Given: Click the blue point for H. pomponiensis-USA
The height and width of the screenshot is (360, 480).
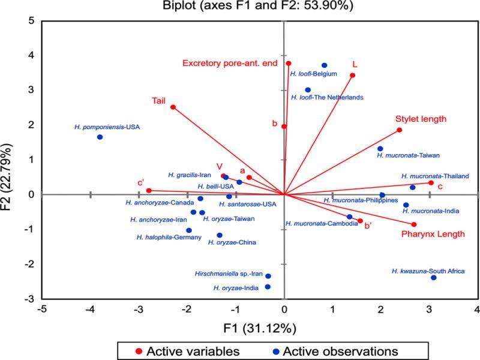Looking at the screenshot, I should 100,137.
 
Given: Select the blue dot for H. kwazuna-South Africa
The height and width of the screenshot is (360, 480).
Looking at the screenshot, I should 434,277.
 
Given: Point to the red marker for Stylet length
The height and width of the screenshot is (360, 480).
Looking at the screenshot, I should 399,130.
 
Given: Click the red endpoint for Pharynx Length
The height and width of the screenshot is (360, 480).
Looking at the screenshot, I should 414,224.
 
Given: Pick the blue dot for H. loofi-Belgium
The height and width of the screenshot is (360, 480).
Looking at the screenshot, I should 324,65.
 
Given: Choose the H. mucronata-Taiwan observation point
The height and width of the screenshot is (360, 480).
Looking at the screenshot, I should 380,149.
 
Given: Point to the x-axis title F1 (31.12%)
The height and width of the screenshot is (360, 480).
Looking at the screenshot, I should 259,328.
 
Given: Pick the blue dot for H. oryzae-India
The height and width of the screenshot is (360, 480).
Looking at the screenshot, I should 268,287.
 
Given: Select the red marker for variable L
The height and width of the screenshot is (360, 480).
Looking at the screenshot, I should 352,76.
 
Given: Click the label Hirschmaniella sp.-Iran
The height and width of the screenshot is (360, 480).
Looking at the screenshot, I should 229,273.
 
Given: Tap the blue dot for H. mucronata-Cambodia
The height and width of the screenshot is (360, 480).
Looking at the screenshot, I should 350,217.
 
